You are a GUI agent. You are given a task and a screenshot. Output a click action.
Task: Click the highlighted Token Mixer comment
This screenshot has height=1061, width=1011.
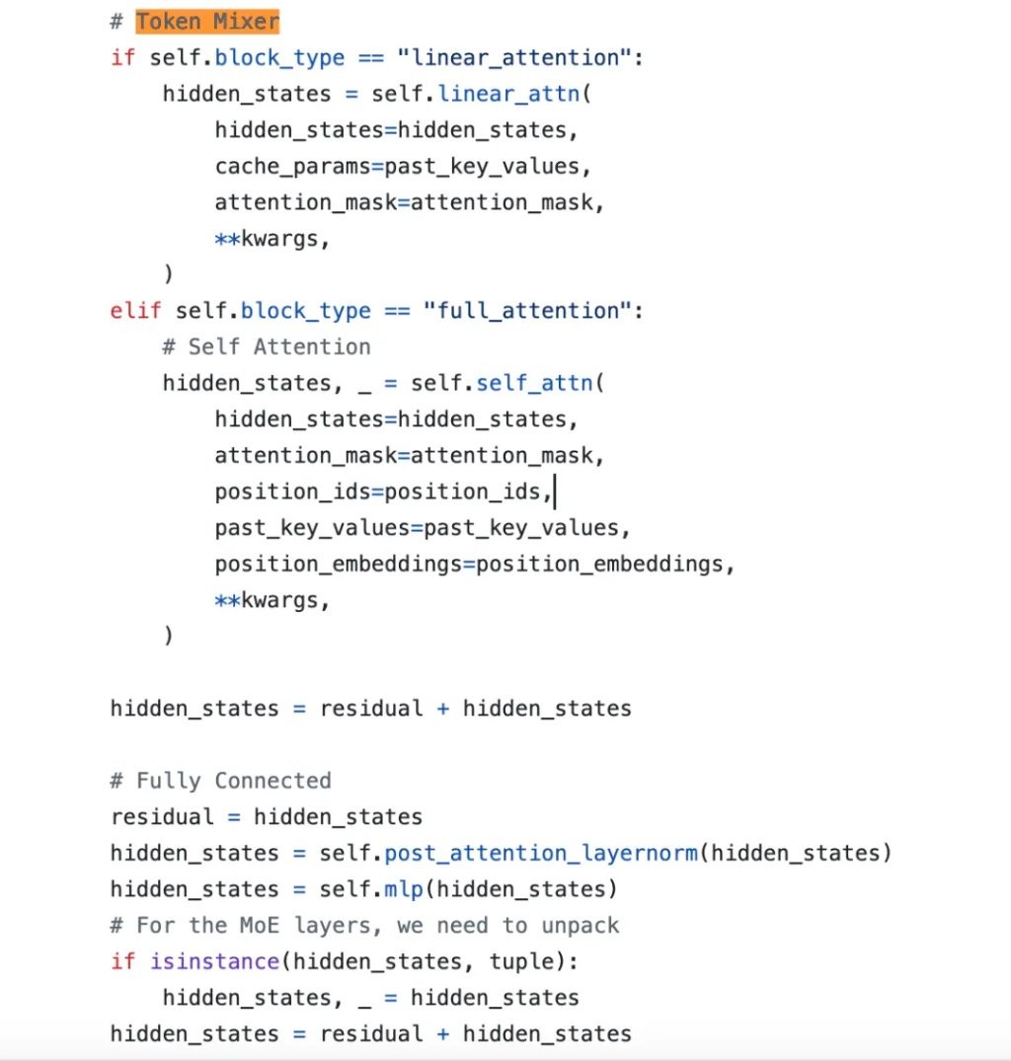pos(207,22)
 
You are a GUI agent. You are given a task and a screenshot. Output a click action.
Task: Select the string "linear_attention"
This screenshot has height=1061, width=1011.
pos(514,58)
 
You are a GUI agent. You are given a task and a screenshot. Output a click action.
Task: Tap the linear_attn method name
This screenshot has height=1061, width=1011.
pos(508,94)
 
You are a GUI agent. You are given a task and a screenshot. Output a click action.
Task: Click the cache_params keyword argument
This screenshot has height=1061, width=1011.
pos(292,167)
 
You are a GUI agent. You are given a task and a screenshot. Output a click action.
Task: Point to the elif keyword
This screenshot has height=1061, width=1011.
pos(135,311)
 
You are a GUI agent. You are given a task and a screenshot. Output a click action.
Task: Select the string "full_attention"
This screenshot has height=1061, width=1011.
pos(527,311)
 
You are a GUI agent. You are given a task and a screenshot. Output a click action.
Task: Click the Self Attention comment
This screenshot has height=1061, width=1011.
pos(267,347)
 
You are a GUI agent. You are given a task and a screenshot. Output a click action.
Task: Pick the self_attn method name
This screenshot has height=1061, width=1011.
pos(534,383)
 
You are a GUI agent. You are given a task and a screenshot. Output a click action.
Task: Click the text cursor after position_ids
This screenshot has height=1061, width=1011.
pos(555,492)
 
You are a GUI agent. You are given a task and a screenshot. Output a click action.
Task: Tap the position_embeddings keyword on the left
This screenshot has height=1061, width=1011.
pos(339,565)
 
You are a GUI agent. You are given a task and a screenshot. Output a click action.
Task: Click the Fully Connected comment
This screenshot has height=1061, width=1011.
pos(221,781)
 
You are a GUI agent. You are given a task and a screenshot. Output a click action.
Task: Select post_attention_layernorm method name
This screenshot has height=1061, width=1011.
pos(541,854)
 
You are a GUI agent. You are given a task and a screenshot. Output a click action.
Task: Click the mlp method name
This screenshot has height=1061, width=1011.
pos(404,889)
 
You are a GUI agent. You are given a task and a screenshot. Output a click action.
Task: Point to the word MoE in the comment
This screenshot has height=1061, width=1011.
pos(260,926)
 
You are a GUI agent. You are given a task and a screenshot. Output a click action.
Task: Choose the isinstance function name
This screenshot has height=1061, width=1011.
pos(214,961)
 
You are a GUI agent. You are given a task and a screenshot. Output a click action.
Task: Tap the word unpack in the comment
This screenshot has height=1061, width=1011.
pos(580,926)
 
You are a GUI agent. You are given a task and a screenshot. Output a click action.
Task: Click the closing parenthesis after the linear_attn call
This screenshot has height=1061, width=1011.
pos(169,274)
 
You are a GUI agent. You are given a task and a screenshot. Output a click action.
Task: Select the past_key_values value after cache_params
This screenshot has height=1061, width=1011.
pos(482,167)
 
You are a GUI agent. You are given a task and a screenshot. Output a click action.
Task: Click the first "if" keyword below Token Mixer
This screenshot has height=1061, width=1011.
pos(123,58)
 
